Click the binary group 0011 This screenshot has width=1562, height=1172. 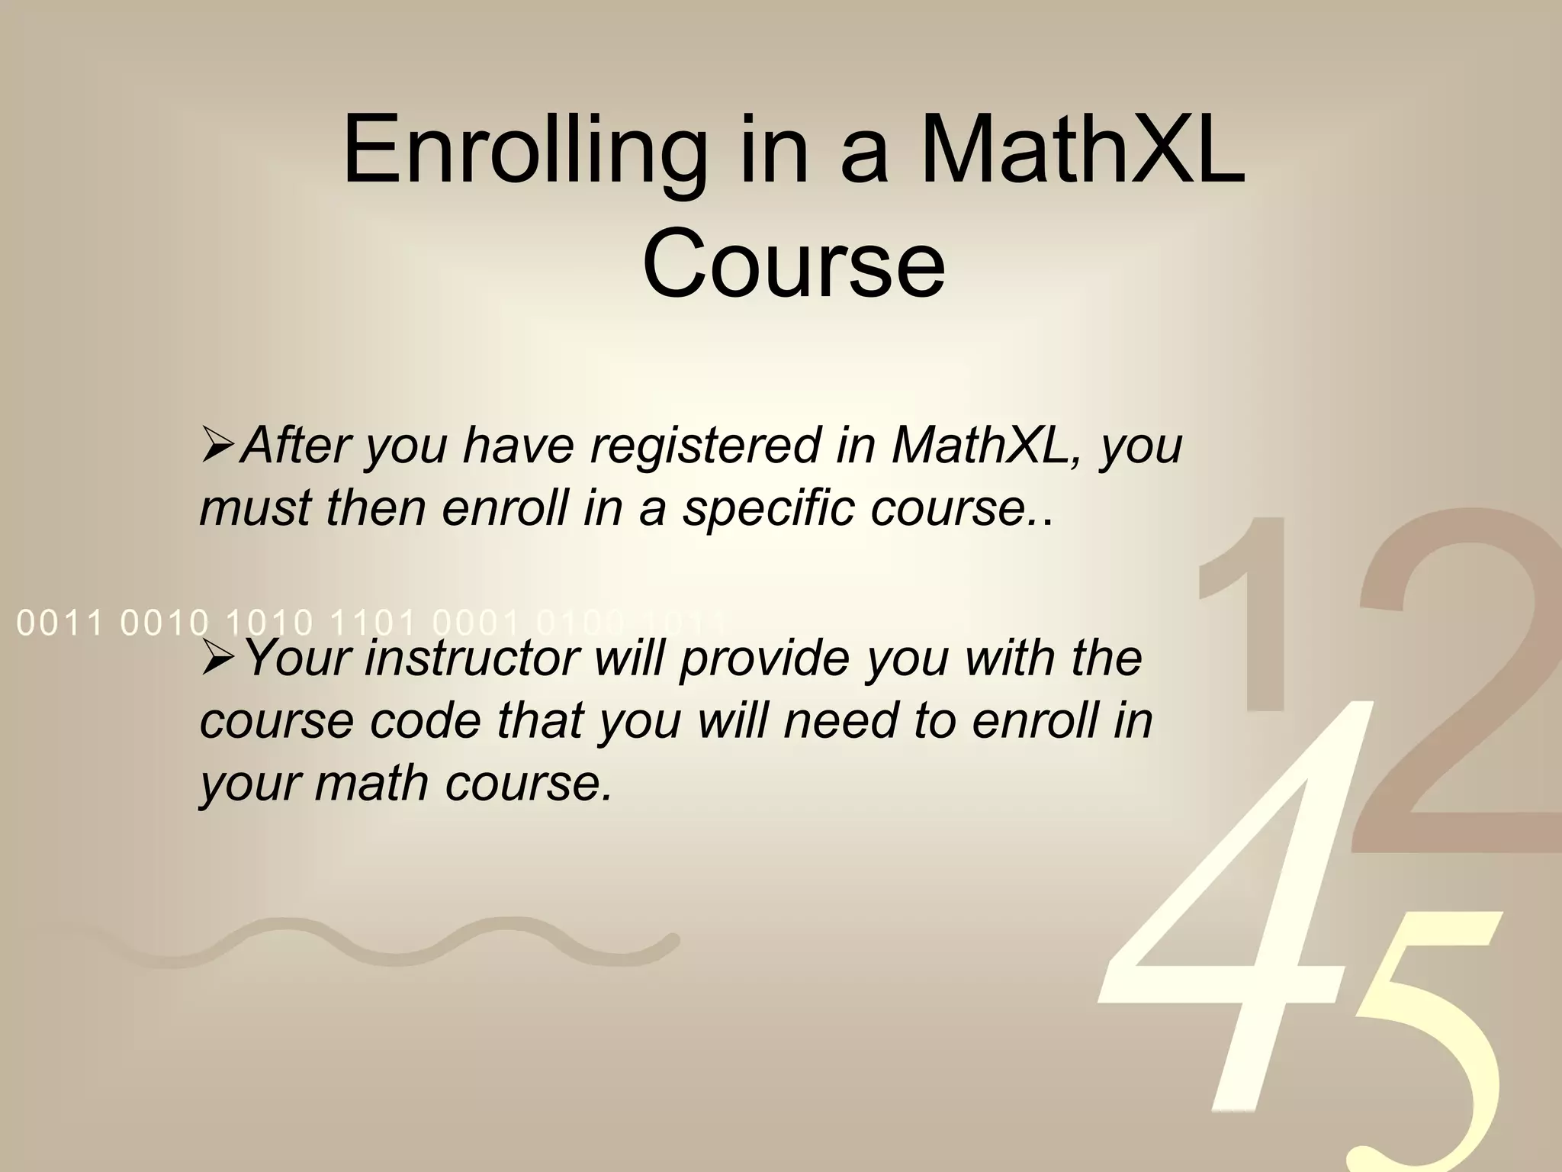tap(59, 624)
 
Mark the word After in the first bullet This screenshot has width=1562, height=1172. tap(294, 446)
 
